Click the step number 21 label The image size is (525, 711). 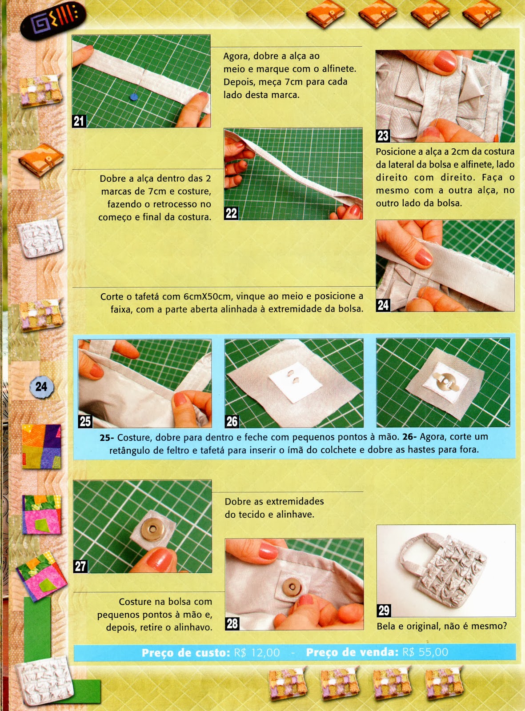tap(79, 121)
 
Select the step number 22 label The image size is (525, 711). tap(231, 213)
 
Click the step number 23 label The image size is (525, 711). tap(383, 136)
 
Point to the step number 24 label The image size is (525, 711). tap(383, 305)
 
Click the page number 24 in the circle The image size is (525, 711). tap(41, 387)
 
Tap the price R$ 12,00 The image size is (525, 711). tap(257, 653)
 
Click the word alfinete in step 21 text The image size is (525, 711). tap(338, 69)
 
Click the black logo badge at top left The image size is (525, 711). tap(52, 20)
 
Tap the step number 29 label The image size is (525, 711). tap(384, 611)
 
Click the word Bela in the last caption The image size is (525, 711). tap(386, 626)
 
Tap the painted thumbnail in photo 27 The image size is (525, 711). tap(159, 557)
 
